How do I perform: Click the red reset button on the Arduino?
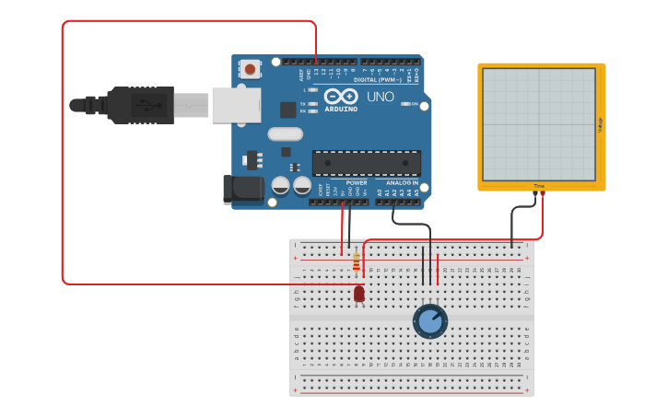[250, 68]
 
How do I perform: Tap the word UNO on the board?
[381, 97]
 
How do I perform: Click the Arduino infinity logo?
[341, 97]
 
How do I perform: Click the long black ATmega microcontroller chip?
[366, 163]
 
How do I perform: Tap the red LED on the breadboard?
[358, 294]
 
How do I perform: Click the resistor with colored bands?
[357, 264]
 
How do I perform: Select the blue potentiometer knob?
[429, 321]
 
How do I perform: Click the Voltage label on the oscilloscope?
[600, 124]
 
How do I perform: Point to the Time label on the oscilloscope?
[539, 186]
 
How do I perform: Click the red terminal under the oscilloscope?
[543, 193]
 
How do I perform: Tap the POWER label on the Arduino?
[356, 182]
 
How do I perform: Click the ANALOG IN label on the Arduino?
[403, 182]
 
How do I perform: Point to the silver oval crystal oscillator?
[286, 133]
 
